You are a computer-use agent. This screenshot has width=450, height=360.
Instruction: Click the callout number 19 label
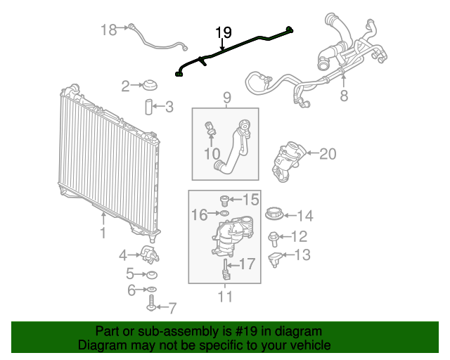(223, 32)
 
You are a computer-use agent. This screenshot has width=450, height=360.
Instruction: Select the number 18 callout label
(108, 30)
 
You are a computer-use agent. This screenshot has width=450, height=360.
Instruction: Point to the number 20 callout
(328, 154)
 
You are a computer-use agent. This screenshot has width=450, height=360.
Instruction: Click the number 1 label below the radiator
(103, 233)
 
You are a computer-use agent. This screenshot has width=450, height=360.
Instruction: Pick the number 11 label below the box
(224, 297)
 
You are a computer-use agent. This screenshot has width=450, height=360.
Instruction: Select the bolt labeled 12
(274, 237)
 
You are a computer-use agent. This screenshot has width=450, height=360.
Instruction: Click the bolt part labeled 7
(151, 306)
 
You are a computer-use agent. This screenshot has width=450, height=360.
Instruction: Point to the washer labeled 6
(152, 290)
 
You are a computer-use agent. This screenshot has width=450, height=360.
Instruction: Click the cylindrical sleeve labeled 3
(149, 108)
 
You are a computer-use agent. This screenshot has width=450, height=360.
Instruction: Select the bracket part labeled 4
(148, 253)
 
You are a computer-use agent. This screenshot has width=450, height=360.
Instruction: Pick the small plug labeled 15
(224, 200)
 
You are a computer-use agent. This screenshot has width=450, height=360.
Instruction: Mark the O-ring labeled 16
(223, 213)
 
